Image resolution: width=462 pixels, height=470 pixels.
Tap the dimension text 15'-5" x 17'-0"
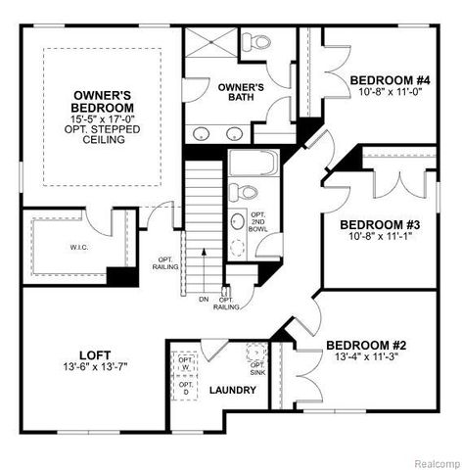coord(102,118)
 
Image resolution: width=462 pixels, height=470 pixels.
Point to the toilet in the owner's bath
coord(259,43)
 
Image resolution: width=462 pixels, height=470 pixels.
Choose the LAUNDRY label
coord(233,390)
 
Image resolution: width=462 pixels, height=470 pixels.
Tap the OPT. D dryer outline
coord(185,387)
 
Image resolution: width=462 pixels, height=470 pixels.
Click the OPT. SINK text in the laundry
coord(257,368)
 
